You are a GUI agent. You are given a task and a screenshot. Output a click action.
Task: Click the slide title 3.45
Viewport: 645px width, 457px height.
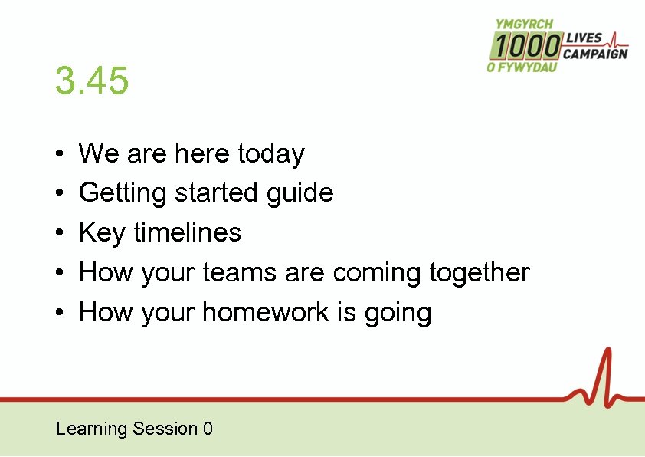[92, 81]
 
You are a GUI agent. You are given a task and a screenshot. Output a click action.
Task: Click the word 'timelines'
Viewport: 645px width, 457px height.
[187, 232]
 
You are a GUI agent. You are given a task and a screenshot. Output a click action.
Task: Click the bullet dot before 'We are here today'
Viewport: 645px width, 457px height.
[59, 155]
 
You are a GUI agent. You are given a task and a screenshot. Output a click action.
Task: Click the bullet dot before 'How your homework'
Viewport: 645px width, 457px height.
[59, 314]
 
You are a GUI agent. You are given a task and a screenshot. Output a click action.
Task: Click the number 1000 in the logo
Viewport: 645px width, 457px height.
[525, 47]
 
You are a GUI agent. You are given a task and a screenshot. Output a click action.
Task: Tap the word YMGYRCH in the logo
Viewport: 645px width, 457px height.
[525, 25]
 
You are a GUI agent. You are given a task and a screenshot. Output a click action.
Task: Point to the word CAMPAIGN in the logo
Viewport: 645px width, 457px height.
[595, 54]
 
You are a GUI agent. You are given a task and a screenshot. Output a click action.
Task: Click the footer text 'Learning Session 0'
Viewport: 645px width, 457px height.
[134, 429]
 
